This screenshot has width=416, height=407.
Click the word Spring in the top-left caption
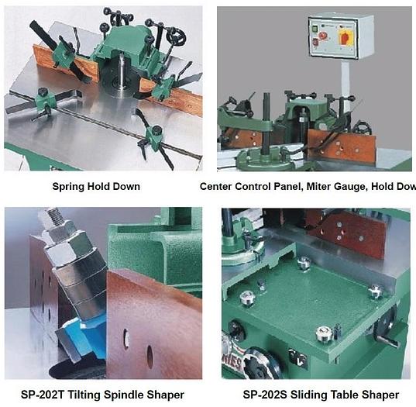pyautogui.click(x=68, y=187)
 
